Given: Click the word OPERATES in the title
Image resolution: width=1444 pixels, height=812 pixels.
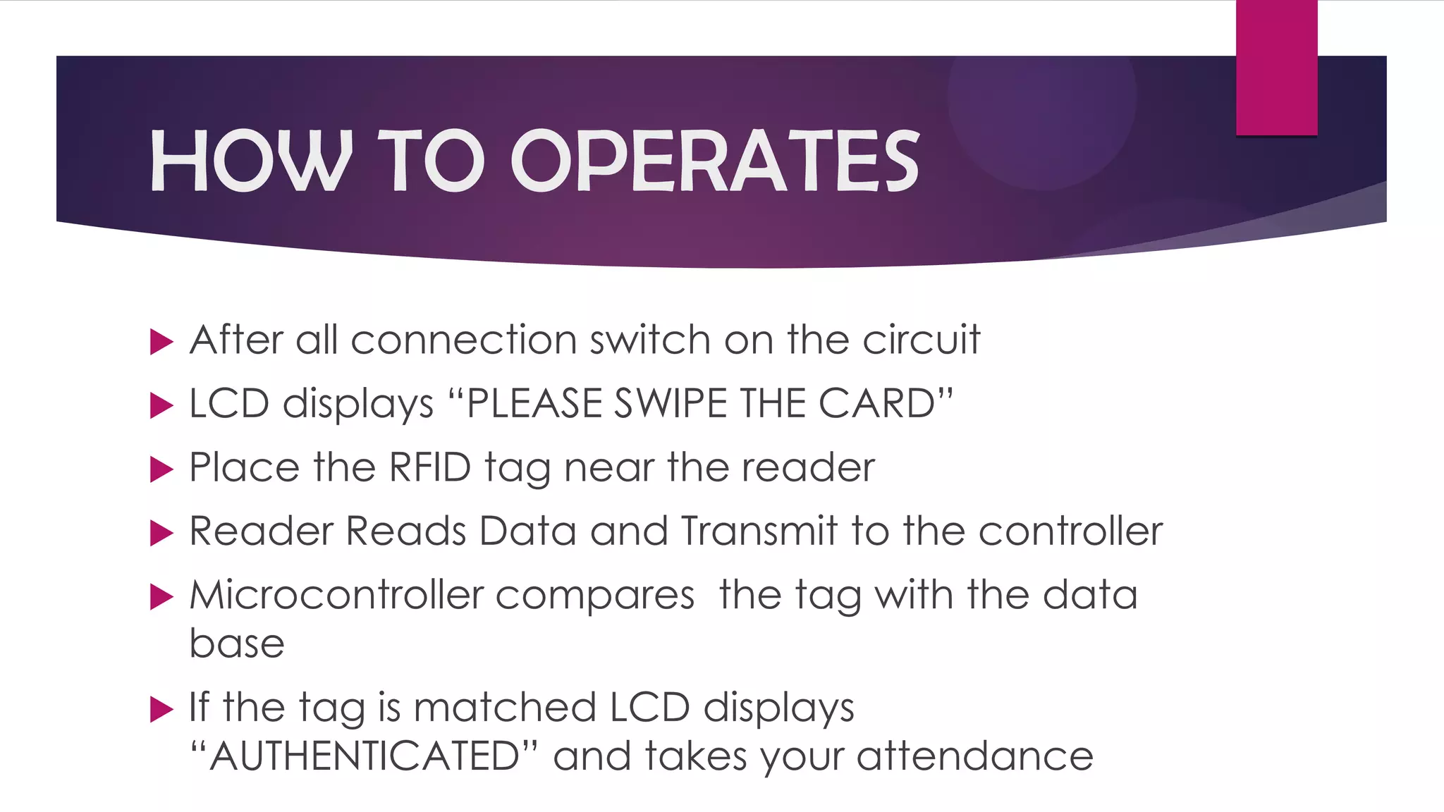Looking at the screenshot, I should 714,161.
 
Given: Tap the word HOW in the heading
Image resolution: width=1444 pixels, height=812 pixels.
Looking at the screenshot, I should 251,161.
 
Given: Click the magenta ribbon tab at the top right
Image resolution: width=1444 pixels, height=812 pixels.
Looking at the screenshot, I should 1276,68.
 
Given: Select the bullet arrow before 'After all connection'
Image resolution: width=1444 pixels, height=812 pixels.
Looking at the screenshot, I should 162,343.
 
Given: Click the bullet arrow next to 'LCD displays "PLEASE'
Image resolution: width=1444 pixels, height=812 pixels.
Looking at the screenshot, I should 162,406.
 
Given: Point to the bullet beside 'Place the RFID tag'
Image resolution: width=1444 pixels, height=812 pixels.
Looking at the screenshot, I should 162,469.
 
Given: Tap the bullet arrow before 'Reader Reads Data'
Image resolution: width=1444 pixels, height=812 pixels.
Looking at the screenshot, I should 162,534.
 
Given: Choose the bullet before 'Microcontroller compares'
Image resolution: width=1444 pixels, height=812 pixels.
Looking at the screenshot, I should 162,597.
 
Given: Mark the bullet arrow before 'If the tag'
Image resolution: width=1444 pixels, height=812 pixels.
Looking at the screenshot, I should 162,710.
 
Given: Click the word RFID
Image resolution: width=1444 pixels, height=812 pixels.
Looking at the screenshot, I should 429,467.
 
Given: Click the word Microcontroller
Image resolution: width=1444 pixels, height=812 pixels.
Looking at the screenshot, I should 336,595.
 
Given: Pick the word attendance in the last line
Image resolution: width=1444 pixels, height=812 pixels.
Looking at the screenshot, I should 975,756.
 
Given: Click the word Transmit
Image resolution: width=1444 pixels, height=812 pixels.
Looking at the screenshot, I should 759,531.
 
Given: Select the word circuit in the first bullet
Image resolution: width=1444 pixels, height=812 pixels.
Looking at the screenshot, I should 921,340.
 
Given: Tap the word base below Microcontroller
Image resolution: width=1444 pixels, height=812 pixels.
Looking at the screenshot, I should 237,644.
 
